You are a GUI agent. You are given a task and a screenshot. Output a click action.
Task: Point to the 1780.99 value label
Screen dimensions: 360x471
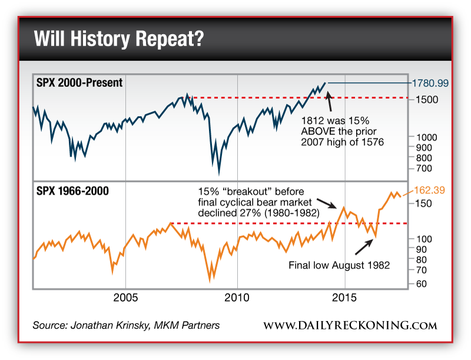(430, 83)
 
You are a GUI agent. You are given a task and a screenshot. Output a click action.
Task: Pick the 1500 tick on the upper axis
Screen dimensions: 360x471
(424, 99)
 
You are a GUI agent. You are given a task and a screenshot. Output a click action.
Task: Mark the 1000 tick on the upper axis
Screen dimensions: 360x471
(423, 136)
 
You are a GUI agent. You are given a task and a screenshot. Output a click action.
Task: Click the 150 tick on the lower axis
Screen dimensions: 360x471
(420, 203)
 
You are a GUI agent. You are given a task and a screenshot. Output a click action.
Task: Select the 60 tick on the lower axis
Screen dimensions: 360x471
(419, 283)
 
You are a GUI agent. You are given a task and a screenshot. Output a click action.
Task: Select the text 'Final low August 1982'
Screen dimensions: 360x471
(339, 265)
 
